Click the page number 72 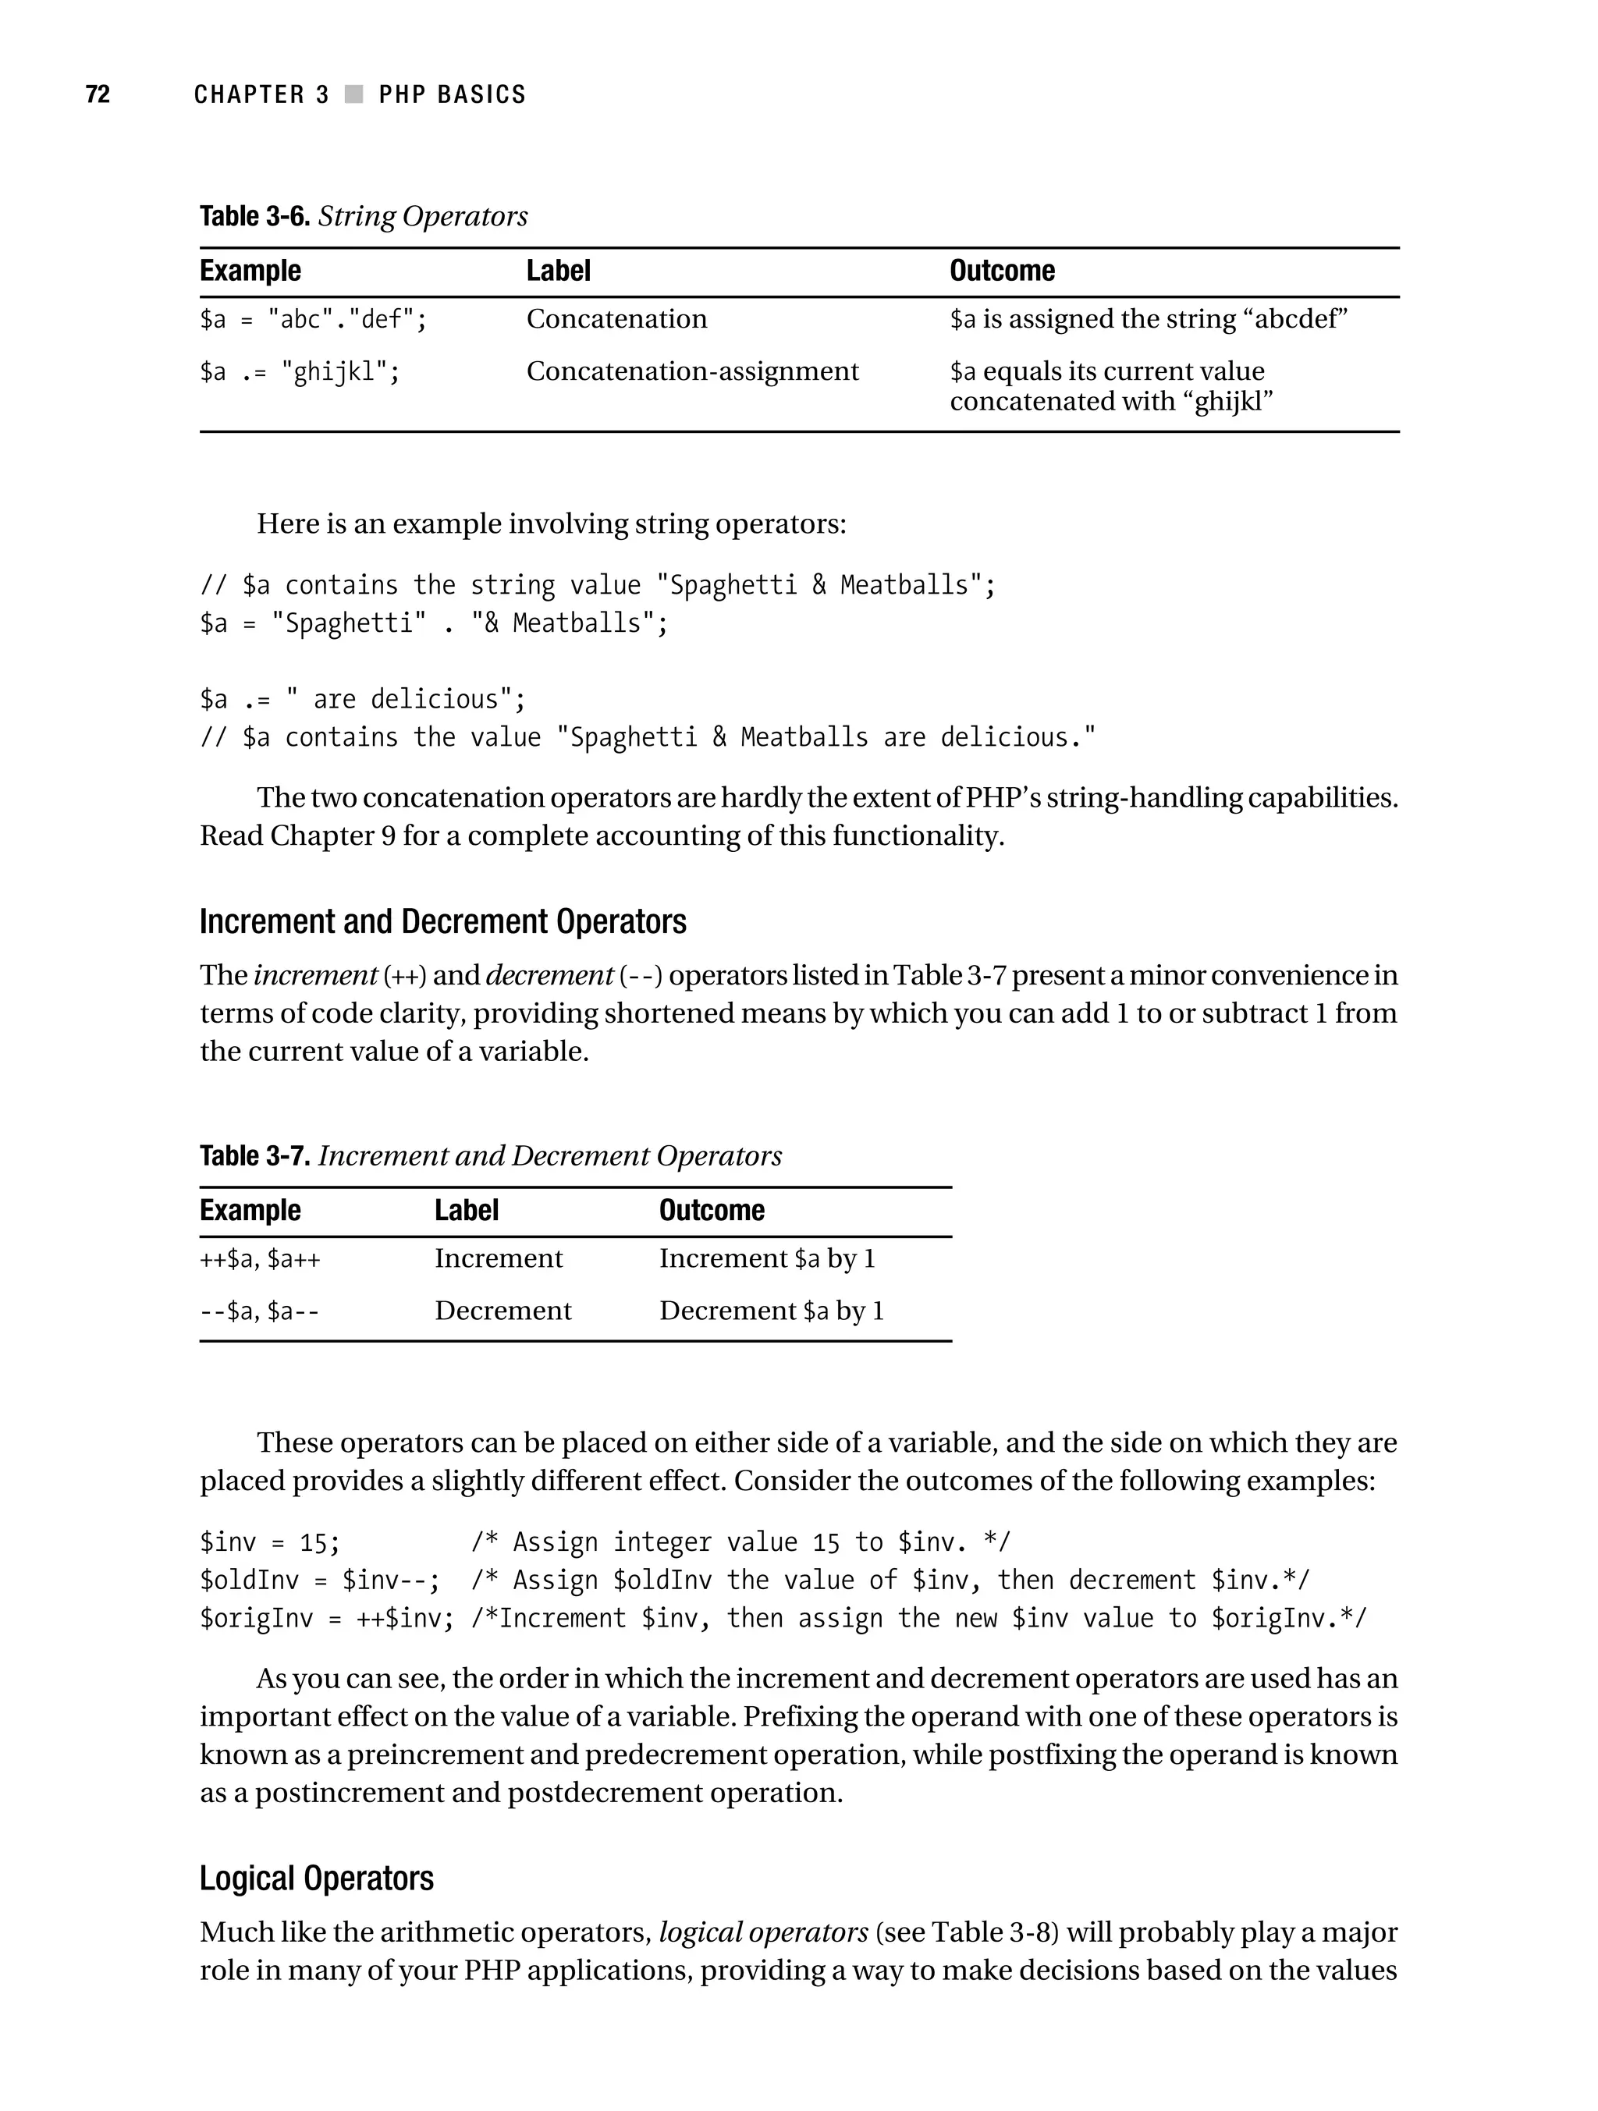pyautogui.click(x=98, y=94)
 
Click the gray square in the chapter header pyautogui.click(x=354, y=94)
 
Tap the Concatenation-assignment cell pyautogui.click(x=692, y=371)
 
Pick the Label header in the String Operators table pyautogui.click(x=559, y=271)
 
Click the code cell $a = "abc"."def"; pyautogui.click(x=313, y=319)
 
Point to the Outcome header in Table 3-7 pyautogui.click(x=711, y=1210)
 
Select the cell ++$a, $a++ pyautogui.click(x=260, y=1260)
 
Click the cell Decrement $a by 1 pyautogui.click(x=772, y=1311)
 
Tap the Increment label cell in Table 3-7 pyautogui.click(x=499, y=1259)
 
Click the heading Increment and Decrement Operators pyautogui.click(x=443, y=922)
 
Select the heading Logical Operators pyautogui.click(x=316, y=1879)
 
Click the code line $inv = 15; pyautogui.click(x=269, y=1543)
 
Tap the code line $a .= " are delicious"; pyautogui.click(x=363, y=700)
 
